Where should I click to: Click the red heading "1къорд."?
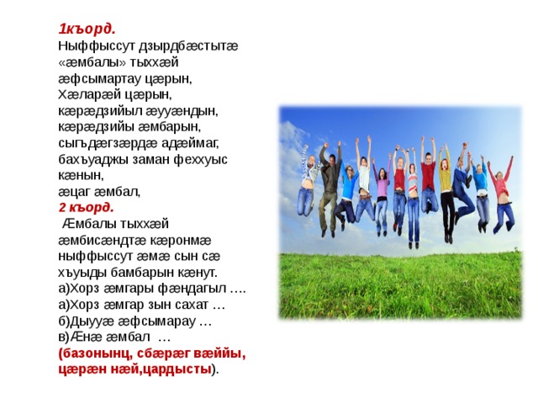pyautogui.click(x=87, y=29)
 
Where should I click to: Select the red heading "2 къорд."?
pyautogui.click(x=86, y=208)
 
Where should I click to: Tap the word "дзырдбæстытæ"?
pyautogui.click(x=188, y=46)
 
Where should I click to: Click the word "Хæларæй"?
pyautogui.click(x=87, y=94)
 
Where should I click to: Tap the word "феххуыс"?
pyautogui.click(x=200, y=160)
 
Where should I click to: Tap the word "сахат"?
pyautogui.click(x=192, y=305)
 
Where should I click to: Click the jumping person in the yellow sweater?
pyautogui.click(x=446, y=193)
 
